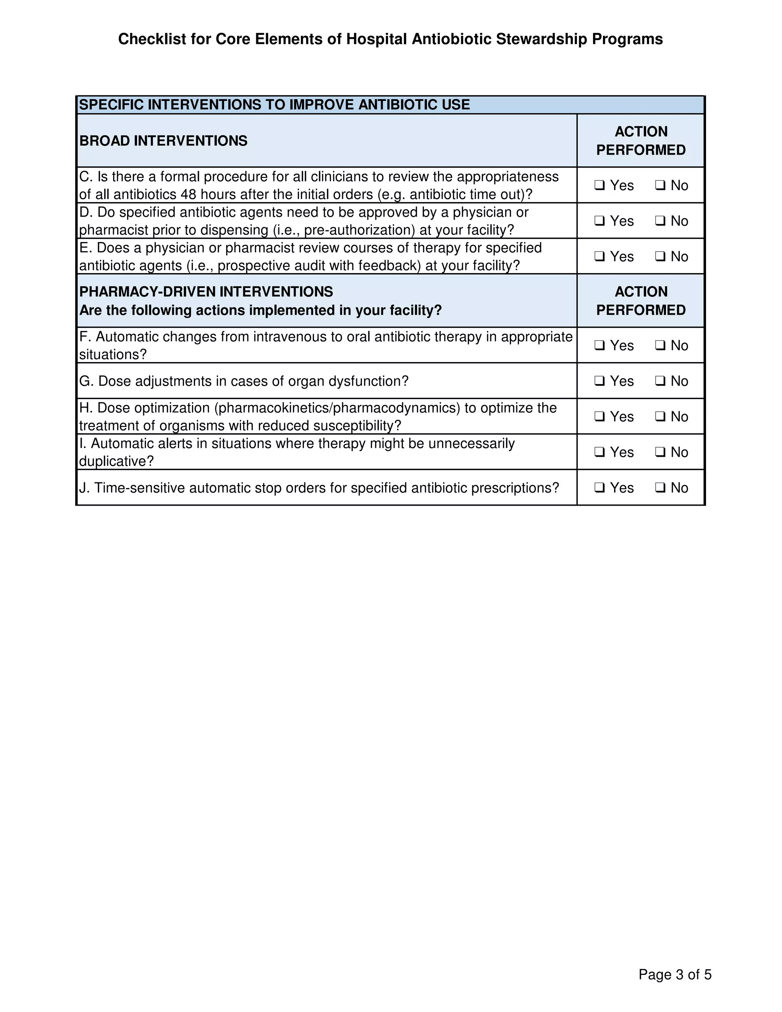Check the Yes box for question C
click(x=599, y=185)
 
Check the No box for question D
click(x=660, y=221)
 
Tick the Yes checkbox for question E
click(x=599, y=257)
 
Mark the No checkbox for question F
click(x=660, y=346)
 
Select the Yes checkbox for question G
click(x=599, y=382)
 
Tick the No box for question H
click(x=660, y=417)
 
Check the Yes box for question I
click(x=599, y=452)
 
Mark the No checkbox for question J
click(x=660, y=488)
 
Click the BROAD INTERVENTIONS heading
click(x=163, y=141)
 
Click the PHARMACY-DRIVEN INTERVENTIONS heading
click(x=206, y=292)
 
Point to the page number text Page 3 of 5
click(x=675, y=975)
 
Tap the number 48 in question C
click(x=189, y=195)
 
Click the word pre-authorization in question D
click(x=359, y=230)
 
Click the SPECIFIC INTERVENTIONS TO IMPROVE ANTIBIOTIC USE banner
click(x=274, y=105)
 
